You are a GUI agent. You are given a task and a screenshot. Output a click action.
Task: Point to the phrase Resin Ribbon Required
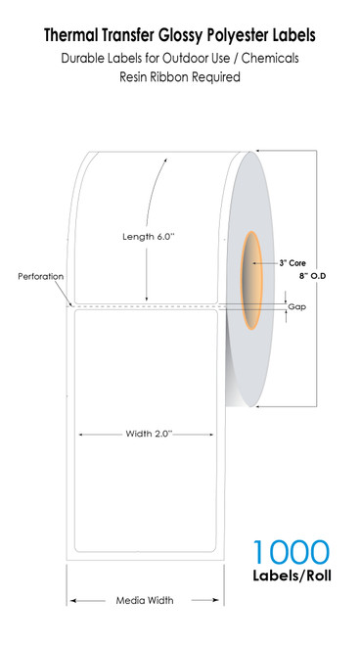(180, 76)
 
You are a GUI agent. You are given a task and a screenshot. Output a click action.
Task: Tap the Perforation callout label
(41, 277)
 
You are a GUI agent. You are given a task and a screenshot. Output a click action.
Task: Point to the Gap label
(295, 307)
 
